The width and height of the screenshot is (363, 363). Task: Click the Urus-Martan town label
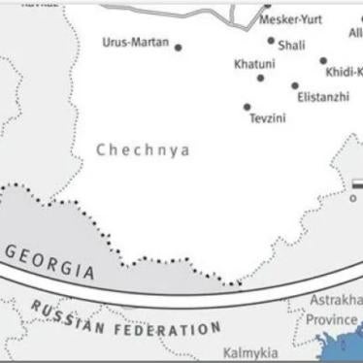[x=135, y=44]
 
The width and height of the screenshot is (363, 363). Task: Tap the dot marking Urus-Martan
[x=178, y=47]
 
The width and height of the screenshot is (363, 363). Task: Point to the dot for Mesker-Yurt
[x=268, y=5]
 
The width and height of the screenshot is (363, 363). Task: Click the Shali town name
[x=291, y=45]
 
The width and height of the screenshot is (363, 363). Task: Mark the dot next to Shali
[x=271, y=41]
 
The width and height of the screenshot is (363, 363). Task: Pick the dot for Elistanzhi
[x=295, y=85]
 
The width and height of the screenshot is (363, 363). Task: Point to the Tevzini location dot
[x=247, y=107]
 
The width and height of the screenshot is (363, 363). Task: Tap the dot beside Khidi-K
[x=323, y=60]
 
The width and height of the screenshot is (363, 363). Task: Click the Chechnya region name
[x=143, y=150]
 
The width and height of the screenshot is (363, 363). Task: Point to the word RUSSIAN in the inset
[x=66, y=317]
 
